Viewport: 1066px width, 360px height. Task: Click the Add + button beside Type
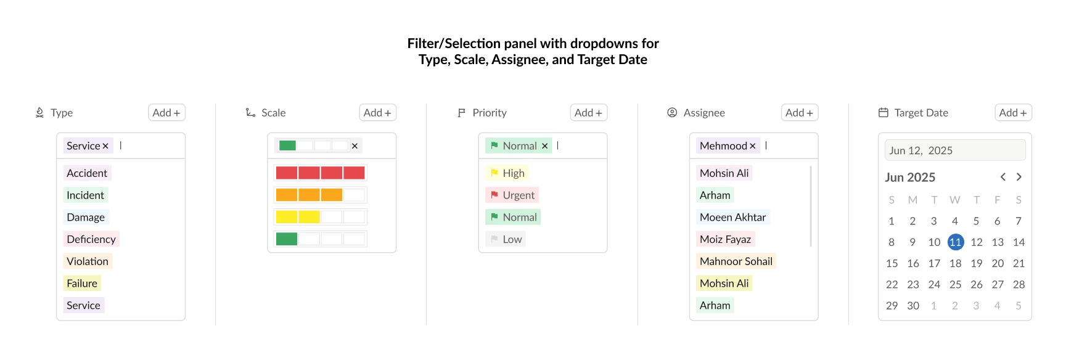click(166, 113)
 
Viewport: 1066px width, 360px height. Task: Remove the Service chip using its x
click(105, 146)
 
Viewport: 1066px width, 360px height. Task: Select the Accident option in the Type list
click(87, 173)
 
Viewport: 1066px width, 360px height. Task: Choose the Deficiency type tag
click(91, 239)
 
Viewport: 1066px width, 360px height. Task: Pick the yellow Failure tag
click(82, 284)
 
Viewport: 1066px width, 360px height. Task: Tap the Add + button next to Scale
click(377, 113)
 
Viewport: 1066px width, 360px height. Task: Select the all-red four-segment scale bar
click(320, 173)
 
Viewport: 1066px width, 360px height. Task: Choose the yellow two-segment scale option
click(320, 217)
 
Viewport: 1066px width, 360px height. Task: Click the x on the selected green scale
click(355, 146)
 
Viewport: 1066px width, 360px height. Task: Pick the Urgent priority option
click(512, 195)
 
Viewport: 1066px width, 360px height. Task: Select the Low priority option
click(506, 239)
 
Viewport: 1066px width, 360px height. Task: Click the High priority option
click(507, 173)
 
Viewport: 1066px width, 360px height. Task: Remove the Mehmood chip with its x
click(752, 146)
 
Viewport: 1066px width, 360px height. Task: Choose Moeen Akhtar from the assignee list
click(732, 217)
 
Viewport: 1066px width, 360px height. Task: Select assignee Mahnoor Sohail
click(736, 261)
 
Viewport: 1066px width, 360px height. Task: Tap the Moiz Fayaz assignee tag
click(726, 239)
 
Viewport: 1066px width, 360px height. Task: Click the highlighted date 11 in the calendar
click(956, 242)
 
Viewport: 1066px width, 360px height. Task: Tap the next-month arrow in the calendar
click(1019, 177)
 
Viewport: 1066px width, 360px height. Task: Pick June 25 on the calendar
click(956, 285)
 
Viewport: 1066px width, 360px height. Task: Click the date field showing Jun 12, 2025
click(955, 150)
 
